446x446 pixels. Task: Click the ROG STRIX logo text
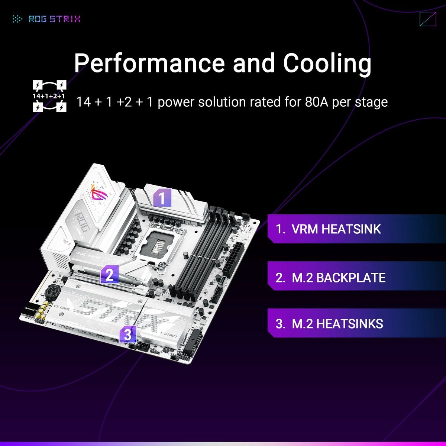click(x=54, y=19)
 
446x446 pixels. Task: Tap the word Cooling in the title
click(x=327, y=63)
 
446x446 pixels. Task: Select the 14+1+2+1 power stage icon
click(x=49, y=96)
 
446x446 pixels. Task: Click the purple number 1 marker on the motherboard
click(x=162, y=197)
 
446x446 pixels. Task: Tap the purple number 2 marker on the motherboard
click(x=109, y=275)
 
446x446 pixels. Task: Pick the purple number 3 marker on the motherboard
click(x=127, y=335)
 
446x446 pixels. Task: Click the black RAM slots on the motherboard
click(x=201, y=253)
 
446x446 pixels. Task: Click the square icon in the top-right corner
click(x=427, y=19)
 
